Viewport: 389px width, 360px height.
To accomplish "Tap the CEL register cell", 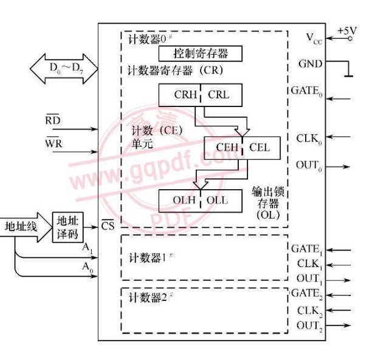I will coord(259,147).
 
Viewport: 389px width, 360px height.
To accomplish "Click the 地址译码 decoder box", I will coord(67,227).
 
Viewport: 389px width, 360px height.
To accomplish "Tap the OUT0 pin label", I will coord(310,165).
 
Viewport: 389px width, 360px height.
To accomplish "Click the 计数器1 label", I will coord(148,254).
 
